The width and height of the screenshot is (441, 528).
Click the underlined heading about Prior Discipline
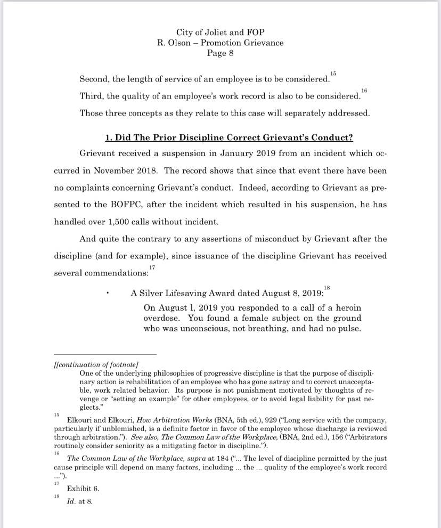click(x=229, y=137)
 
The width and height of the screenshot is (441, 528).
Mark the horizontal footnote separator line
click(x=105, y=354)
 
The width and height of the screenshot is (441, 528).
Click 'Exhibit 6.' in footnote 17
click(x=83, y=488)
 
